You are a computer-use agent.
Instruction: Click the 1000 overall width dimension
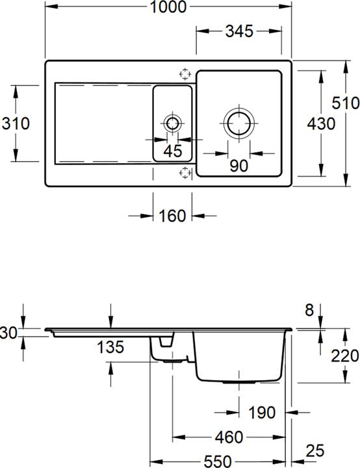[168, 8]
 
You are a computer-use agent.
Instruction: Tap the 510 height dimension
[345, 103]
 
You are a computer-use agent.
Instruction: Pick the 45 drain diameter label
[173, 151]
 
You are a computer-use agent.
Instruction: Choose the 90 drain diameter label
[238, 166]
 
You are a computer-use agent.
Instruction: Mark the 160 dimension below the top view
[172, 216]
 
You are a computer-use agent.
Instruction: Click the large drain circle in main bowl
[238, 122]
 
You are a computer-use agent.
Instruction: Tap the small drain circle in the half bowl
[173, 123]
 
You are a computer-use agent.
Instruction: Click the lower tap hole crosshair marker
[185, 172]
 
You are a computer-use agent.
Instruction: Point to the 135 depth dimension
[111, 347]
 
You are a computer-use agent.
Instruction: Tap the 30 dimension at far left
[8, 333]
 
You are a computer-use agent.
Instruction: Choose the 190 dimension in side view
[262, 412]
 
